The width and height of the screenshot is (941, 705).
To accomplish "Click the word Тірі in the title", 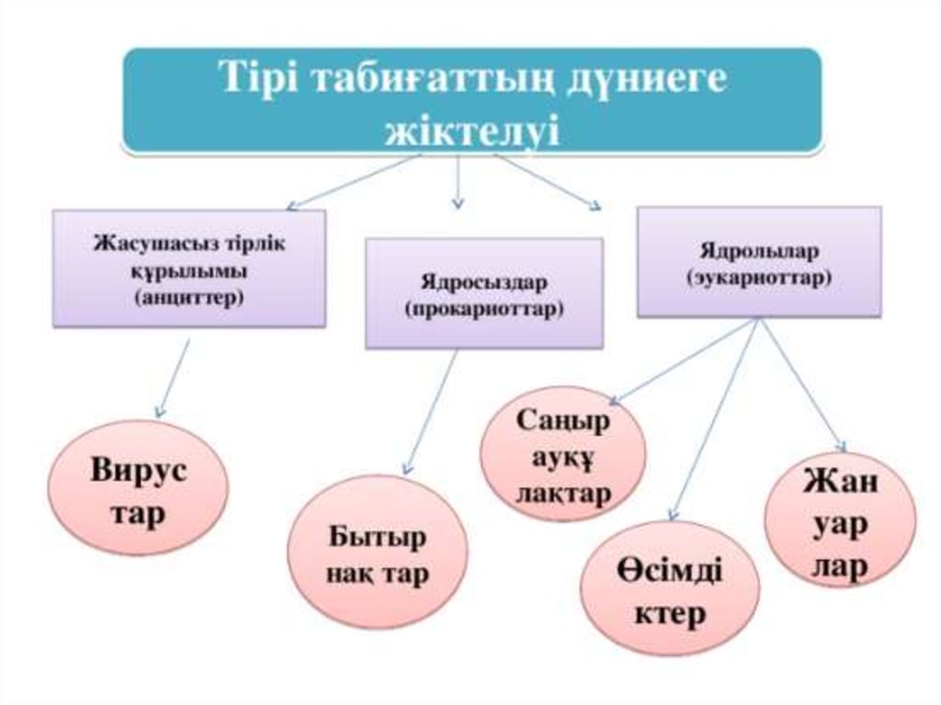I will coord(258,78).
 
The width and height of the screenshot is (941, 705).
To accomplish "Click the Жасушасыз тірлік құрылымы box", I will coord(188,268).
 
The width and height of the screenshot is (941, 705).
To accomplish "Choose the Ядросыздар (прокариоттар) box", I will coord(484,293).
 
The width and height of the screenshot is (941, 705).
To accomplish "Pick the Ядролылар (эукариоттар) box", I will coord(759,262).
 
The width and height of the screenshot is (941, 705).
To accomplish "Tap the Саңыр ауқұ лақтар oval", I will coord(563,457).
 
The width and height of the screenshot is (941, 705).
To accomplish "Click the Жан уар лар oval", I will coord(839,525).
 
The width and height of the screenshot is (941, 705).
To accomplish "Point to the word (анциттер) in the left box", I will coord(188,298).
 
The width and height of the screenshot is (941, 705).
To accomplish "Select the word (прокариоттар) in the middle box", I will coord(484,310).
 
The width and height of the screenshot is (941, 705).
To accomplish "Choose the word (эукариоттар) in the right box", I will coord(759,276).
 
